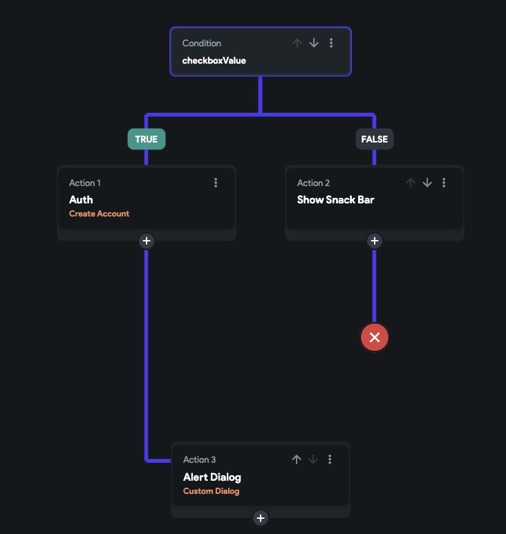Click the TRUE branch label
pos(147,139)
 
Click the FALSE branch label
pos(375,139)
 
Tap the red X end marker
pos(375,338)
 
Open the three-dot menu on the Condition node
pos(331,43)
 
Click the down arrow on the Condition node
pos(314,43)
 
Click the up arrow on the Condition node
pos(297,43)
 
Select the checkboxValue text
pos(214,60)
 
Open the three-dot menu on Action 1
pos(216,183)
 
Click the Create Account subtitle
pos(99,214)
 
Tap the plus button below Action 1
pos(147,241)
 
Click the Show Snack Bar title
pos(335,200)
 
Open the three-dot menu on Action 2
pos(444,183)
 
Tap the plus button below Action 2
pos(375,241)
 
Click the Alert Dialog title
pos(212,477)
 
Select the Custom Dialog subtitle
pos(211,491)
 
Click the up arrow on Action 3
pos(297,459)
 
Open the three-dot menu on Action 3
pos(330,459)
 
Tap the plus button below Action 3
pos(261,517)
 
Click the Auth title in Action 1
pos(81,200)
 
